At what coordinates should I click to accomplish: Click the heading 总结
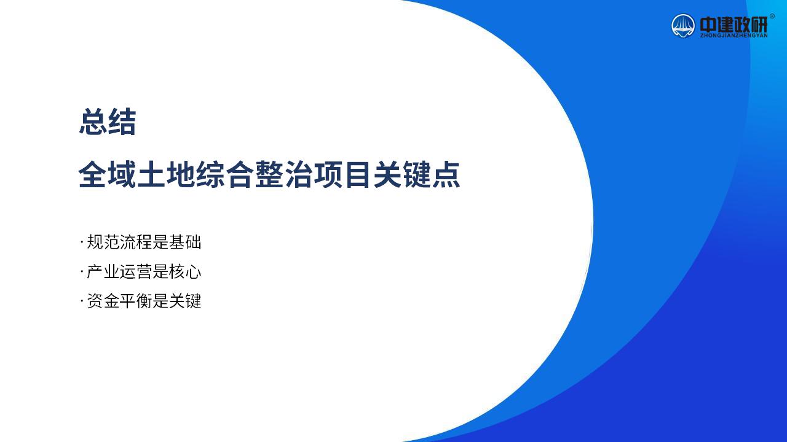pyautogui.click(x=108, y=122)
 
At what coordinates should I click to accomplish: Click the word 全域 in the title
pyautogui.click(x=107, y=174)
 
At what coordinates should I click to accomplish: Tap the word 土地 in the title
pyautogui.click(x=166, y=174)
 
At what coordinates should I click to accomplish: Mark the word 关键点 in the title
pyautogui.click(x=417, y=174)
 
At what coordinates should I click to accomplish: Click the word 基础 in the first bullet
pyautogui.click(x=185, y=242)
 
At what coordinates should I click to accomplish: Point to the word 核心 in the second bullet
pyautogui.click(x=185, y=271)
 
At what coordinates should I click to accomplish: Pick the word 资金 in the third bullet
pyautogui.click(x=103, y=301)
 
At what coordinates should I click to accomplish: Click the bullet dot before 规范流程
pyautogui.click(x=82, y=242)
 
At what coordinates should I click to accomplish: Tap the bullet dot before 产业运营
pyautogui.click(x=82, y=271)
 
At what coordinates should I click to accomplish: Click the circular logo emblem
pyautogui.click(x=683, y=26)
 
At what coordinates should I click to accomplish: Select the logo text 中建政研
pyautogui.click(x=734, y=25)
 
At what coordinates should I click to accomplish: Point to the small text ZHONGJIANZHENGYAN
pyautogui.click(x=734, y=36)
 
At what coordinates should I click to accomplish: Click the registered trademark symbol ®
pyautogui.click(x=772, y=16)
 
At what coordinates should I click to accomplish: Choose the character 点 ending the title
pyautogui.click(x=446, y=174)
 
